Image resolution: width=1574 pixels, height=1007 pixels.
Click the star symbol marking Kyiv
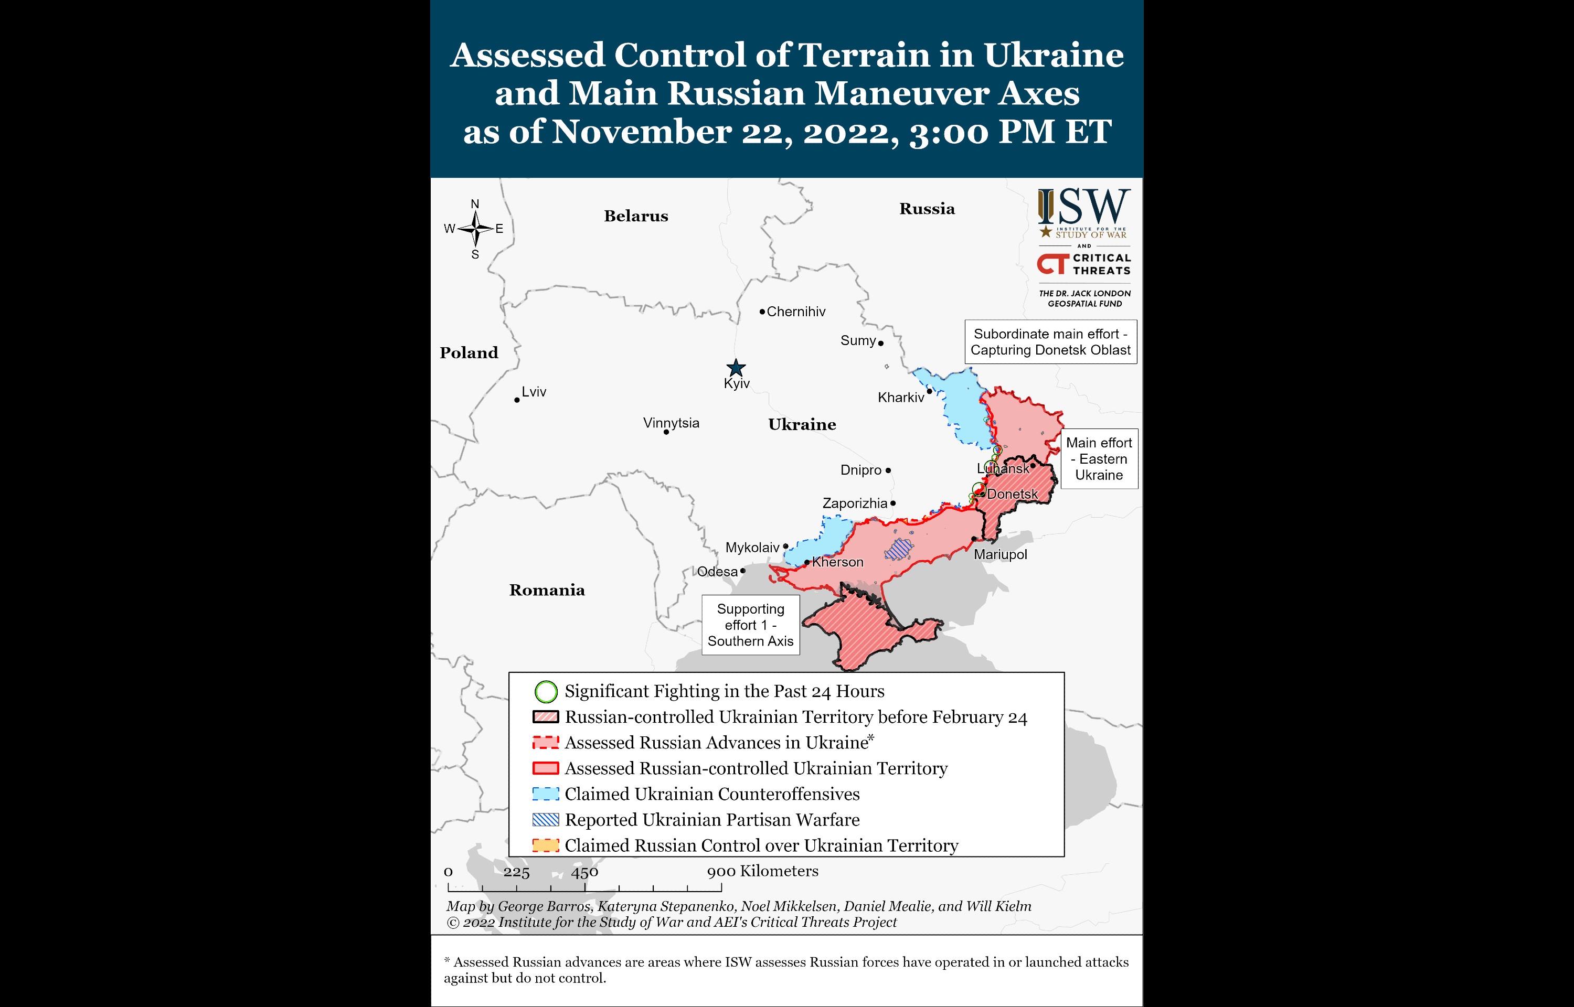[x=736, y=368]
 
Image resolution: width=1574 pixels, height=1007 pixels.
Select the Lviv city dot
[x=517, y=400]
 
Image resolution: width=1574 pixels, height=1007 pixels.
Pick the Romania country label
[x=547, y=591]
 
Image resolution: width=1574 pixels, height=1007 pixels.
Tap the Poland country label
[x=468, y=353]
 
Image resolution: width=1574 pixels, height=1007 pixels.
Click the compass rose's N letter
[x=475, y=204]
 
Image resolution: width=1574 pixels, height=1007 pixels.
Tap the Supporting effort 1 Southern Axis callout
[x=750, y=625]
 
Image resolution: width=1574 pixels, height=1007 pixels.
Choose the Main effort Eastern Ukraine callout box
[x=1099, y=459]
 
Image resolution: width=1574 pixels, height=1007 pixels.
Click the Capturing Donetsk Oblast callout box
[x=1050, y=342]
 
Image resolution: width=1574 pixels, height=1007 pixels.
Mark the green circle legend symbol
[x=546, y=691]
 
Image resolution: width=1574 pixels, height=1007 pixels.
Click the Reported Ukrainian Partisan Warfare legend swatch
[x=545, y=819]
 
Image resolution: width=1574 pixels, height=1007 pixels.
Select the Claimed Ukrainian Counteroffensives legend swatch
[x=545, y=794]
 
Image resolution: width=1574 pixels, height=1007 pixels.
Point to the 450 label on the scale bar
[x=584, y=872]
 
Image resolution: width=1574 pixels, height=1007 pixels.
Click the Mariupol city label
[x=1000, y=554]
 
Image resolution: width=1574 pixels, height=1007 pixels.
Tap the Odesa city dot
[x=743, y=571]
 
